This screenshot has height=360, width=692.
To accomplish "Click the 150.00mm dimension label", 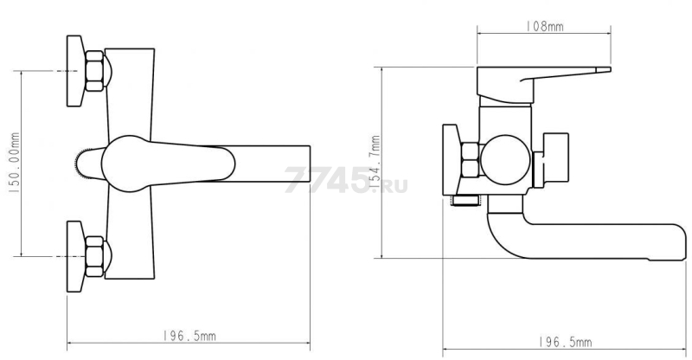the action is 14,163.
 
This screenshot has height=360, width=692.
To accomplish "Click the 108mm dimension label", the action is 545,27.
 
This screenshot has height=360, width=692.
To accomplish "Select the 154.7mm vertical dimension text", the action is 375,163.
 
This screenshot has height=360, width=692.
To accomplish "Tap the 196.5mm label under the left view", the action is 189,336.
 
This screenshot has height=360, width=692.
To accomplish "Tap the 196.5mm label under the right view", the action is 565,342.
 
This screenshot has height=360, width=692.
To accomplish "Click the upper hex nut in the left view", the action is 94,71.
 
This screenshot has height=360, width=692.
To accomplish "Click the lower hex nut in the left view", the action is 94,257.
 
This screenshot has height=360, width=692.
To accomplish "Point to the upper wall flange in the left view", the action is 75,71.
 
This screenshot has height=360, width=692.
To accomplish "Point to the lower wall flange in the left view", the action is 75,257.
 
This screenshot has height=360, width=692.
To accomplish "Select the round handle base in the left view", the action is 128,164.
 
